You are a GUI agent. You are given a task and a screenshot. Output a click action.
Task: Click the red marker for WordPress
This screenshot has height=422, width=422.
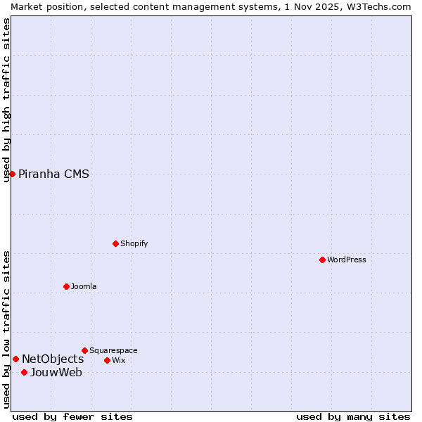[x=322, y=260]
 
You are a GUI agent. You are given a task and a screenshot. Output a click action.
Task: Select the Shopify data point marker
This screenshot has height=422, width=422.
[x=115, y=243]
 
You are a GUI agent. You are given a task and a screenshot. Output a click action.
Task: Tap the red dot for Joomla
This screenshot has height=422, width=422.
[x=66, y=286]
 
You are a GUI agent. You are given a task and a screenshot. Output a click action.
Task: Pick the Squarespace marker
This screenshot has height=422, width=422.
[x=84, y=350]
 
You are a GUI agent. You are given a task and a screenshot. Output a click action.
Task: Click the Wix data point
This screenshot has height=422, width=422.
[x=107, y=360]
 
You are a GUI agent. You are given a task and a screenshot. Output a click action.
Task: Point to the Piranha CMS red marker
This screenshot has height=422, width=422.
[x=12, y=174]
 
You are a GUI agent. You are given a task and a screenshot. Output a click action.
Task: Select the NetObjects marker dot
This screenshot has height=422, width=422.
[x=15, y=359]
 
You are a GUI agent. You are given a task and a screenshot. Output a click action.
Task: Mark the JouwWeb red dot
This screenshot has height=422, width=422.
[x=24, y=372]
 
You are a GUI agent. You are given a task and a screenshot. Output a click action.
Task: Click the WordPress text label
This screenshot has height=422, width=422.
[x=347, y=260]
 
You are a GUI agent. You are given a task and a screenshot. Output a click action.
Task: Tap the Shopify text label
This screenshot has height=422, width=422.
[x=134, y=243]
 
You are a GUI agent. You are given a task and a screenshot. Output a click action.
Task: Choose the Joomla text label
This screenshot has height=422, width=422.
[x=84, y=286]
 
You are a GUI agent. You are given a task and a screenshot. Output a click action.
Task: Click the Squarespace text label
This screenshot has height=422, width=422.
[x=113, y=350]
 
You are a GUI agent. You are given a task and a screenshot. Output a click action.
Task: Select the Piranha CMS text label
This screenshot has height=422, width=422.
[x=53, y=174]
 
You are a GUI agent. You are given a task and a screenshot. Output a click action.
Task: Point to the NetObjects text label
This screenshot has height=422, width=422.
[x=53, y=359]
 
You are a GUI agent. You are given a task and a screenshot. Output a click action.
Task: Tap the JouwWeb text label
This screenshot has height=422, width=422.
[x=56, y=373]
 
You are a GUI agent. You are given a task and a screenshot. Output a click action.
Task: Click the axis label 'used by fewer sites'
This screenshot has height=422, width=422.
[x=72, y=416]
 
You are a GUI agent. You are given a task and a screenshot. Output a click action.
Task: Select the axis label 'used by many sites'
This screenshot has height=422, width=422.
[x=353, y=416]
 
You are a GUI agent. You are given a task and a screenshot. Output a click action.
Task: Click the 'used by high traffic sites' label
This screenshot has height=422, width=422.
[x=6, y=100]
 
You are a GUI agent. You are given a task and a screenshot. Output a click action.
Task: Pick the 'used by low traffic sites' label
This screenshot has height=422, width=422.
[x=6, y=329]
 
